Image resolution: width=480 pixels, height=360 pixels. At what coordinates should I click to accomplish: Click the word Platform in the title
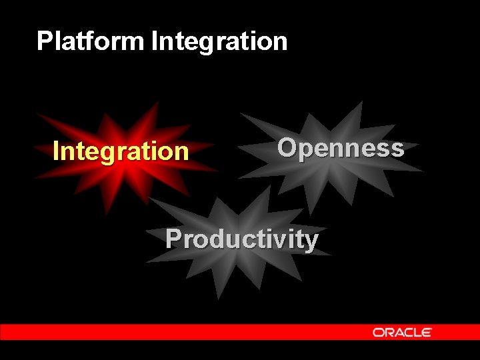(90, 41)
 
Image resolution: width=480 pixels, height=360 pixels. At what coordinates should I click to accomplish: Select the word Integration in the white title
(219, 41)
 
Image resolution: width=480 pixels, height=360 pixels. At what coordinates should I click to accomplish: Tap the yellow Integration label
(121, 151)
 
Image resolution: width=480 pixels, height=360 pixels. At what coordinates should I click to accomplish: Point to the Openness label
(340, 148)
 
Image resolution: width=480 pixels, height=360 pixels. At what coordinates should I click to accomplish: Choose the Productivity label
(241, 239)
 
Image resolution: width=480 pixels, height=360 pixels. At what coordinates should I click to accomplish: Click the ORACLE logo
(402, 332)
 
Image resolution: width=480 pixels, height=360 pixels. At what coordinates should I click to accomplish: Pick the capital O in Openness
(287, 147)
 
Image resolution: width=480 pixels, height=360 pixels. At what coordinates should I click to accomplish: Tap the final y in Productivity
(311, 241)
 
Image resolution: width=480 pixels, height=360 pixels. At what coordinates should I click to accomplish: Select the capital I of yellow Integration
(56, 151)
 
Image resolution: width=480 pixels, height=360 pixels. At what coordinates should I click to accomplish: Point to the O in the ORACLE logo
(378, 332)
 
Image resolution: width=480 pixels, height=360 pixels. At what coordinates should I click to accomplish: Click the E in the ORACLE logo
(427, 332)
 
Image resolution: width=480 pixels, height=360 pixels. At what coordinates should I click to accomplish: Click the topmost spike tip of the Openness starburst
(361, 101)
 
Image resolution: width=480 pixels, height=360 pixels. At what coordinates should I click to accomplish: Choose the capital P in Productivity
(173, 238)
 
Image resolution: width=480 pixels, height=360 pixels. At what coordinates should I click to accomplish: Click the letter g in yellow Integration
(107, 153)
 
